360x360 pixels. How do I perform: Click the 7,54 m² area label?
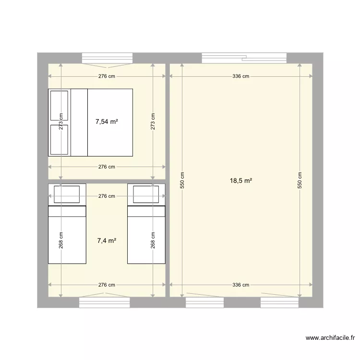[x=107, y=122]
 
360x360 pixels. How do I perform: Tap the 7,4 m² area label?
[x=107, y=241]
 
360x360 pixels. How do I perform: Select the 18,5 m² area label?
[x=241, y=181]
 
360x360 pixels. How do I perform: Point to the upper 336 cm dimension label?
[x=241, y=76]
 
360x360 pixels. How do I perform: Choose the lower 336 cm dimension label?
[x=241, y=285]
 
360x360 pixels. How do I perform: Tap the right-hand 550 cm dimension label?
[x=300, y=180]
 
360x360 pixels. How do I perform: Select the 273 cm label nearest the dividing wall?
[x=153, y=121]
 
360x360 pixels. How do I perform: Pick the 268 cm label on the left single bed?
[x=61, y=240]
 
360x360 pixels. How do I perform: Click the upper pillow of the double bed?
[x=60, y=105]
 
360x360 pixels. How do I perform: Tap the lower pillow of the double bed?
[x=60, y=140]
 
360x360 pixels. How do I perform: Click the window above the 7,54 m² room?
[x=107, y=58]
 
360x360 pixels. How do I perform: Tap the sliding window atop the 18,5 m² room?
[x=244, y=58]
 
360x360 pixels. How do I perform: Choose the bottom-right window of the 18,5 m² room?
[x=279, y=302]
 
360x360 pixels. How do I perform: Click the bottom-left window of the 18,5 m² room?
[x=204, y=302]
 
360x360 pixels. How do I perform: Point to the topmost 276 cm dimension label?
[x=107, y=76]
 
